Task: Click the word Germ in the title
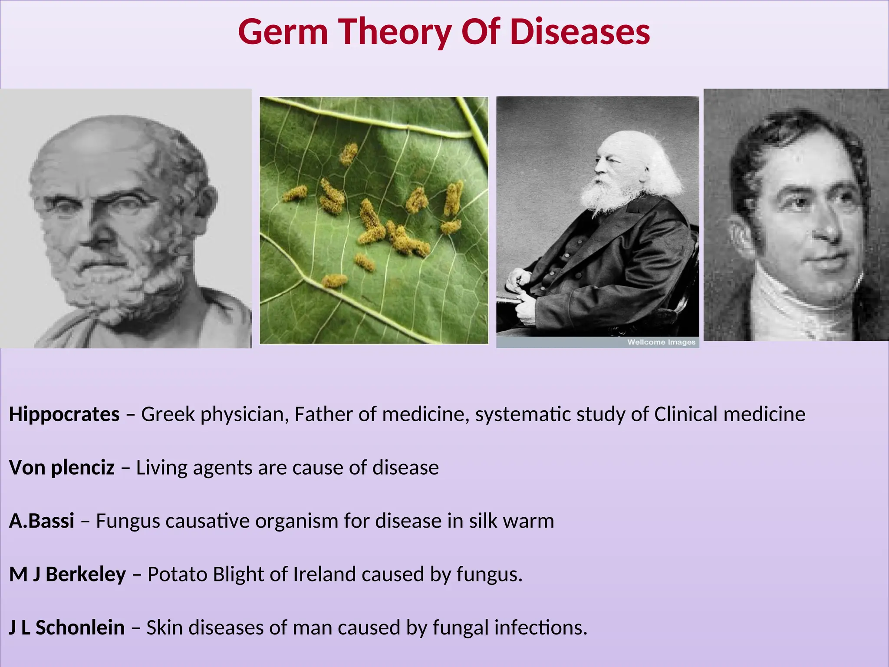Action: pos(283,33)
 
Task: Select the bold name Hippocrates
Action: pos(64,414)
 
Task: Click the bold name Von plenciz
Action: pos(62,468)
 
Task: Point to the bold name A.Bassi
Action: pos(42,521)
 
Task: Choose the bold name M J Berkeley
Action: pos(67,575)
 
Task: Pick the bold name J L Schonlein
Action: pos(67,628)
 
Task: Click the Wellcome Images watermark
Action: pos(661,342)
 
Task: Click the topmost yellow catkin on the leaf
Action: pos(348,154)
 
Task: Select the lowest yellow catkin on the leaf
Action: pos(334,281)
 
